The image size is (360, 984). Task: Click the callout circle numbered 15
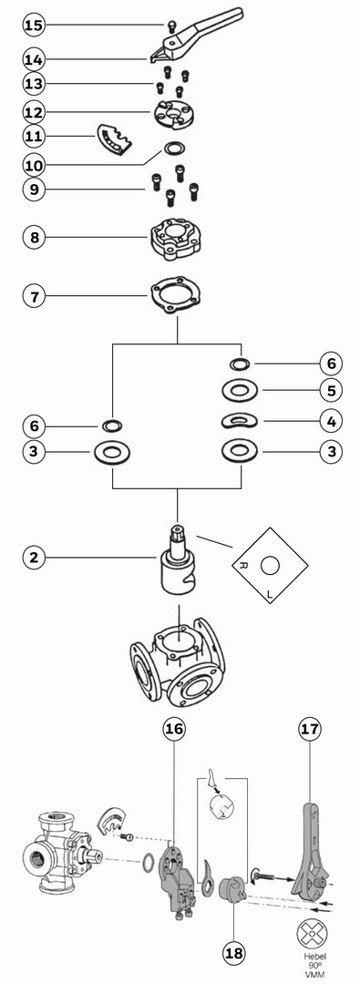click(35, 26)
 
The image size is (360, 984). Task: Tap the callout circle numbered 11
click(35, 136)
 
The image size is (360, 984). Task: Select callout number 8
click(35, 237)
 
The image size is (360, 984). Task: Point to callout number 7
click(35, 295)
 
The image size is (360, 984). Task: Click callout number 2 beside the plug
click(35, 558)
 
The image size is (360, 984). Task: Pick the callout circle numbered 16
click(174, 729)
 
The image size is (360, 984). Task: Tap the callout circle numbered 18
click(233, 953)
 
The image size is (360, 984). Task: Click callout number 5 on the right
click(331, 390)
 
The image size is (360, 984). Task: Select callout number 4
click(331, 421)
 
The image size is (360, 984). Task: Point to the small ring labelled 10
click(175, 149)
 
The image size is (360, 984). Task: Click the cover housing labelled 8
click(178, 238)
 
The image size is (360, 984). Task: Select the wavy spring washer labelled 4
click(239, 420)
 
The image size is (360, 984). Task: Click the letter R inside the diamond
click(243, 566)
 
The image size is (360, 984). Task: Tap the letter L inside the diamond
click(270, 593)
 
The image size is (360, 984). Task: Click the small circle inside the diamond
click(270, 566)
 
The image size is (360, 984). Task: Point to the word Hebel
click(312, 957)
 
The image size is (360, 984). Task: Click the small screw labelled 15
click(171, 26)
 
